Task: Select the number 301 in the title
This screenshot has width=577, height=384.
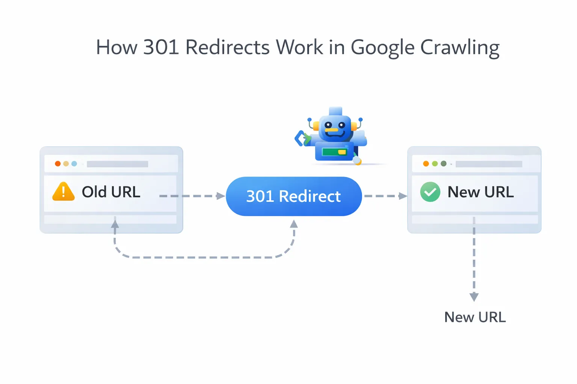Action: (x=161, y=48)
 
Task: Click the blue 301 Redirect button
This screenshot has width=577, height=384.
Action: (x=293, y=196)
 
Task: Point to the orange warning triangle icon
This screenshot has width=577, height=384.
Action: (x=63, y=192)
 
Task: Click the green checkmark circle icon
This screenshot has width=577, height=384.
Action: (x=430, y=192)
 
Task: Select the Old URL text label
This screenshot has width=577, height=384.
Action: (x=111, y=192)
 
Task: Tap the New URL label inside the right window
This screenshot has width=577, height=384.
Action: (x=480, y=192)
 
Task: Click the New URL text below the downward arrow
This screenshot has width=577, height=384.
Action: (x=475, y=317)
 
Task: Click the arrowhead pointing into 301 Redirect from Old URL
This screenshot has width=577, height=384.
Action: (x=221, y=196)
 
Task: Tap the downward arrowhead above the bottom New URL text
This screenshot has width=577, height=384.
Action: (x=474, y=297)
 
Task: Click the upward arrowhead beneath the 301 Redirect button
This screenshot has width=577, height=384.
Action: (x=294, y=224)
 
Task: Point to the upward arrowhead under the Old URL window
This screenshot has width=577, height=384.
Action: (x=115, y=224)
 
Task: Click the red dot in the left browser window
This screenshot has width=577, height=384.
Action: (x=57, y=163)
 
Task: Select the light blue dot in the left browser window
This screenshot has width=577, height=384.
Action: (x=74, y=163)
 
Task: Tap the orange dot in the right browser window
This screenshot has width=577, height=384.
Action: (x=426, y=163)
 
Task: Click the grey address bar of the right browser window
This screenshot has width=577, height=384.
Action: (x=488, y=164)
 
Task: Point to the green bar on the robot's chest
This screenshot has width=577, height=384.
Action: (x=331, y=152)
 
